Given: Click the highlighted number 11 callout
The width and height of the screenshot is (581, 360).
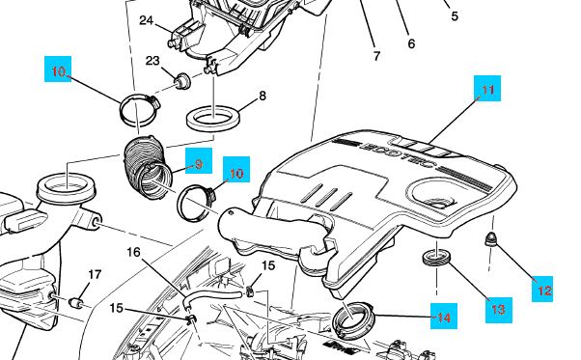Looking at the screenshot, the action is click(487, 89).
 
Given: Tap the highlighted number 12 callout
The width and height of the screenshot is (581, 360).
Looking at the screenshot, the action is click(542, 289).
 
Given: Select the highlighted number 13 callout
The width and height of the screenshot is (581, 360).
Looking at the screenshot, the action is click(499, 310).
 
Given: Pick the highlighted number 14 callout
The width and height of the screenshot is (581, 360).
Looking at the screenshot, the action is click(444, 316).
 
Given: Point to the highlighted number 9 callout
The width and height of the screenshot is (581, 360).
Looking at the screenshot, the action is click(199, 161).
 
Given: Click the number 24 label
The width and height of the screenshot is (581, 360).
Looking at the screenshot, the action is click(146, 20).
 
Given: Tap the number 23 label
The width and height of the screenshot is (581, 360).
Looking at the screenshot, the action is click(152, 61).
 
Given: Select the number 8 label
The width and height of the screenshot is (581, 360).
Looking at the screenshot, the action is click(263, 96).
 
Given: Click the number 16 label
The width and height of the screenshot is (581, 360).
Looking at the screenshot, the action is click(134, 252).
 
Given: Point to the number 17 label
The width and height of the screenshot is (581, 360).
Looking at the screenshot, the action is click(95, 274).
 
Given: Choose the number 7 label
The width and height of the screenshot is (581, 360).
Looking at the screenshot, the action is click(376, 56).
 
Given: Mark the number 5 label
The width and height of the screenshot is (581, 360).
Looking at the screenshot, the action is click(455, 16).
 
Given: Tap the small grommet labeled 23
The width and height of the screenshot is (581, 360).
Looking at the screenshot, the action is click(182, 81).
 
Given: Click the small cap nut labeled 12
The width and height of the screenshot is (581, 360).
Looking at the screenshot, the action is click(490, 239).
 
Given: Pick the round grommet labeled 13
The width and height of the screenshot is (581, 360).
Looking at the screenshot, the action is click(437, 258).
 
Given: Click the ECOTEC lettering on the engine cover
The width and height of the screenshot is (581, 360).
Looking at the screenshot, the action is click(398, 154).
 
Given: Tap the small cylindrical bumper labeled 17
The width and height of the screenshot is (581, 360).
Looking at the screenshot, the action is click(76, 302).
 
